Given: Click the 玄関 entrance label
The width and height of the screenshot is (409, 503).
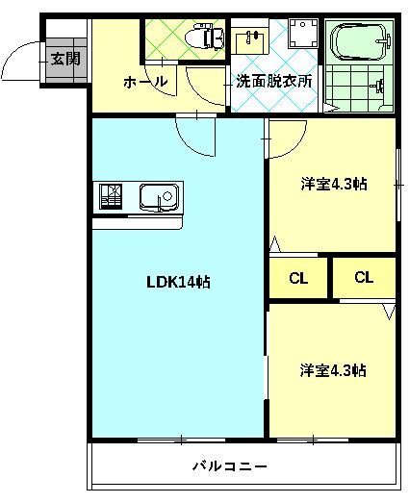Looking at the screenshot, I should tap(65, 58).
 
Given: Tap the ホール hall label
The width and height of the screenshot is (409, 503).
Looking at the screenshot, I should tap(145, 83).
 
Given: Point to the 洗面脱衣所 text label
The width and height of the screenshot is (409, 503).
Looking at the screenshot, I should tap(274, 82).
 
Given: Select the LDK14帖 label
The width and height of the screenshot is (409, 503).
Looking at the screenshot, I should tap(178, 282).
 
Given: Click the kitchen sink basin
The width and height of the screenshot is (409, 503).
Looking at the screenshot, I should tap(158, 199).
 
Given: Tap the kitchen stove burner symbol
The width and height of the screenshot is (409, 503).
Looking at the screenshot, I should tap(109, 197).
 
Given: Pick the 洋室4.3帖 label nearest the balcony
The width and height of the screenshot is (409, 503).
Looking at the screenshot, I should tap(331, 369).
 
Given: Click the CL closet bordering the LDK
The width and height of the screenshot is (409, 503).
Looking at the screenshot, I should tap(298, 279).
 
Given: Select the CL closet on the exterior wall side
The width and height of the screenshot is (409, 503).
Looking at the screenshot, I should tap(363, 278).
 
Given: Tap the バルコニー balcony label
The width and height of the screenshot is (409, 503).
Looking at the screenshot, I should tap(229, 466).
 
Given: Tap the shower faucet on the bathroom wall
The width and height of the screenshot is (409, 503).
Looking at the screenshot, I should tap(383, 86).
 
